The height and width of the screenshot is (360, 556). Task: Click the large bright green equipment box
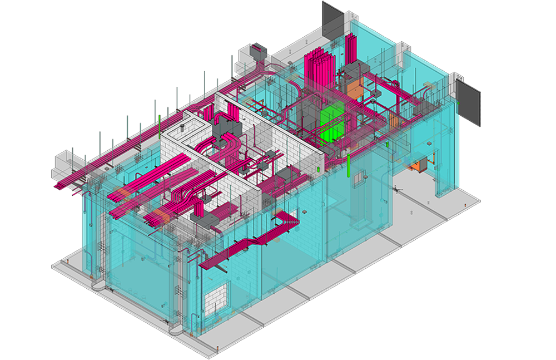tap(332, 123)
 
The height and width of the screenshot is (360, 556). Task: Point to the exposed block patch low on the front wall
tap(217, 301)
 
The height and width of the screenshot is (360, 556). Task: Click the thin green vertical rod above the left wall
tap(160, 126)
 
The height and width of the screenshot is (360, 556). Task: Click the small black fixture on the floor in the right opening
tap(396, 190)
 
